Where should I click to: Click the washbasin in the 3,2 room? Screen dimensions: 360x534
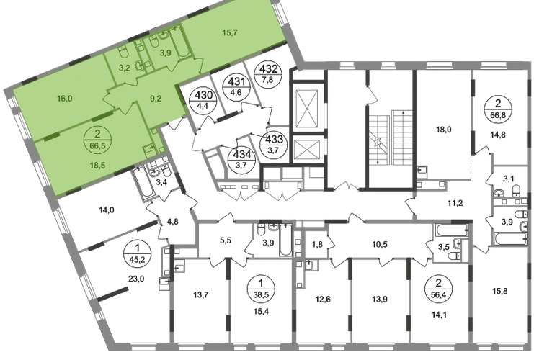[x=140, y=66]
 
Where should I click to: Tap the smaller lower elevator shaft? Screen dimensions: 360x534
[x=306, y=151]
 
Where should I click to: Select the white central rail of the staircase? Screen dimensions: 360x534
[x=392, y=137]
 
